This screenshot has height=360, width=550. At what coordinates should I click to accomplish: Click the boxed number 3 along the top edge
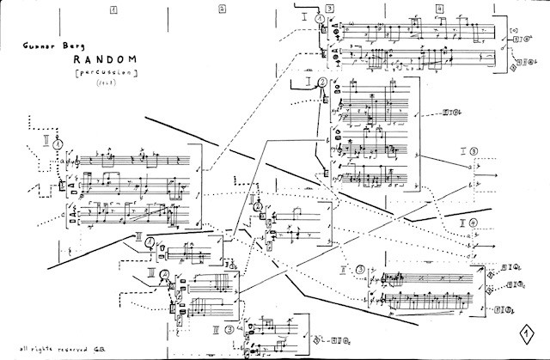click(329, 9)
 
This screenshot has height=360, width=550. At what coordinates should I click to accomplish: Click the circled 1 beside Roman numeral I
click(319, 18)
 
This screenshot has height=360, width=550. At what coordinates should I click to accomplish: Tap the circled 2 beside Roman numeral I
click(321, 83)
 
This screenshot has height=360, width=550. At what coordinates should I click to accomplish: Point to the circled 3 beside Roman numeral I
click(474, 152)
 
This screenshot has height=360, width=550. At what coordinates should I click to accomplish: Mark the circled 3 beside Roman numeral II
click(360, 268)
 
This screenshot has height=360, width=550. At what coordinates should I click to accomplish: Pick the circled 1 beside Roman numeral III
click(151, 243)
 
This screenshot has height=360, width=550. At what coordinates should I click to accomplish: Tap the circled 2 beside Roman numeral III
click(165, 276)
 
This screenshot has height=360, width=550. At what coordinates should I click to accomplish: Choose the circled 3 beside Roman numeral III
click(229, 328)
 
